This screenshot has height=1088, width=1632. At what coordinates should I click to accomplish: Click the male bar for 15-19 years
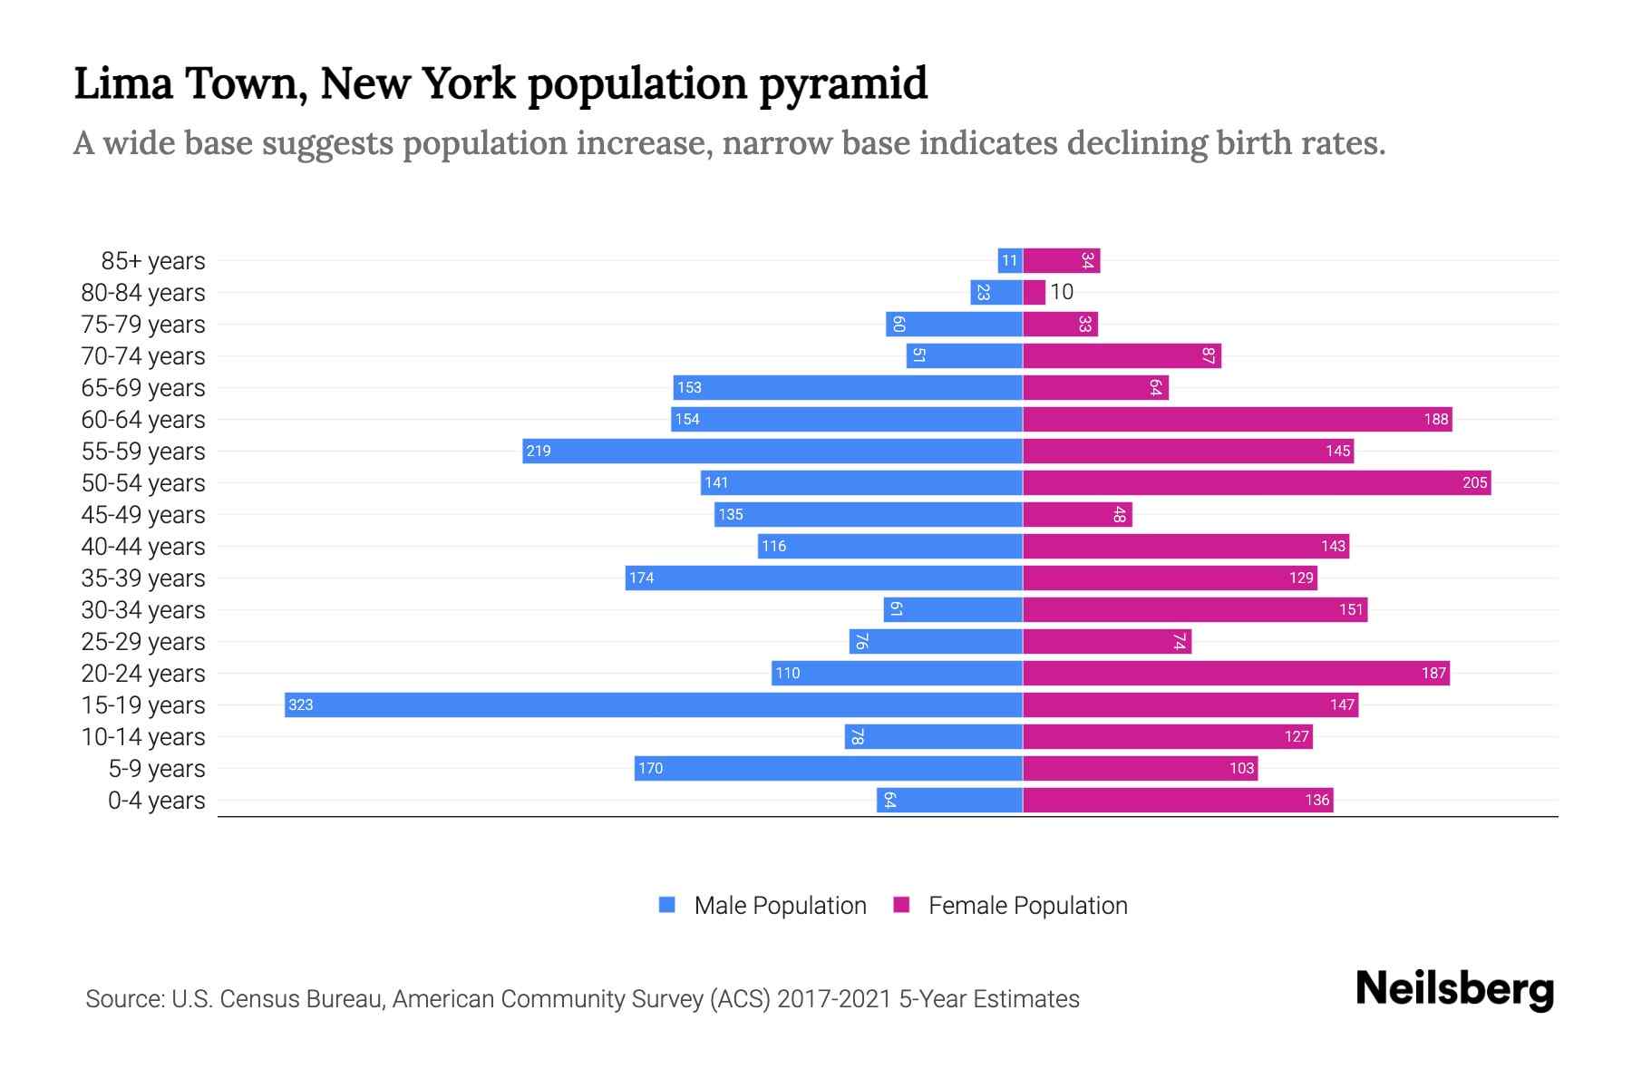(653, 704)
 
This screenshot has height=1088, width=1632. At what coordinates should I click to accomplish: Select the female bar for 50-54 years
(1256, 482)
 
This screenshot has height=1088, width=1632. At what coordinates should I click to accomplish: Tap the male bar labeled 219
(772, 451)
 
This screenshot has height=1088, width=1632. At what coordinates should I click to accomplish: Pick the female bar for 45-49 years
(1077, 514)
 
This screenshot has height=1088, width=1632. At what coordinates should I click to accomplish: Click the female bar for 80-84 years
(1034, 292)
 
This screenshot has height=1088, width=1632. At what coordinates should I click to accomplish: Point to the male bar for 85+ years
(1009, 260)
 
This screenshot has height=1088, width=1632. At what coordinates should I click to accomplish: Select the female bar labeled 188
(1237, 419)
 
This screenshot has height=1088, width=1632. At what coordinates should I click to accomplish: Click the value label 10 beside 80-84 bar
(1062, 292)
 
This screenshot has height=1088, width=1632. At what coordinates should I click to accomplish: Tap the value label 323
(300, 704)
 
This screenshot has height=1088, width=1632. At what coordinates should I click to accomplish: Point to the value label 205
(1474, 482)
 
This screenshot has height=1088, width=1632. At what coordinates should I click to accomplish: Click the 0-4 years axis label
(156, 801)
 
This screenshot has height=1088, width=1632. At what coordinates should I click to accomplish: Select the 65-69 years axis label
(143, 388)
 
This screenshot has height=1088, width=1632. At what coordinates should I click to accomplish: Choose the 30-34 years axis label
(143, 610)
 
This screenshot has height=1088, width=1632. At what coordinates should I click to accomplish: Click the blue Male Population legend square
(667, 905)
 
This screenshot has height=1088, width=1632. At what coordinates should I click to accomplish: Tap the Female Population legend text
(1027, 906)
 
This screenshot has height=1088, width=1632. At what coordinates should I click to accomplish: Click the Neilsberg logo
(1454, 989)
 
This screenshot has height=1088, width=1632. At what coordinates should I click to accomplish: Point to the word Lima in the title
(122, 83)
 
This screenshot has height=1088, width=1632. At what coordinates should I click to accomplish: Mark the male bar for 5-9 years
(828, 768)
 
